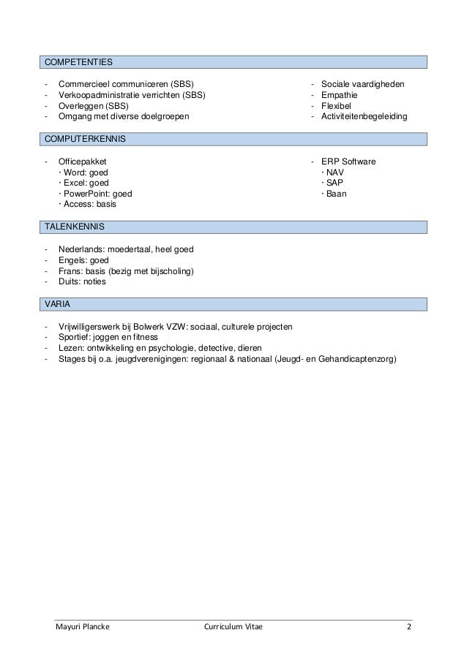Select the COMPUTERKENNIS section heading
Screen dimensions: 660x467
click(85, 138)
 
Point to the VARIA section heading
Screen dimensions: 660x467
click(59, 303)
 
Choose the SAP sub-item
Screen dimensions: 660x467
click(334, 183)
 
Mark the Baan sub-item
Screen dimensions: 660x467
click(336, 194)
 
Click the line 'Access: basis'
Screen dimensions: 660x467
click(86, 205)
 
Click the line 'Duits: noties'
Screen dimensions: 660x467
click(82, 282)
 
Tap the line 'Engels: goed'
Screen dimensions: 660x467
click(83, 260)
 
